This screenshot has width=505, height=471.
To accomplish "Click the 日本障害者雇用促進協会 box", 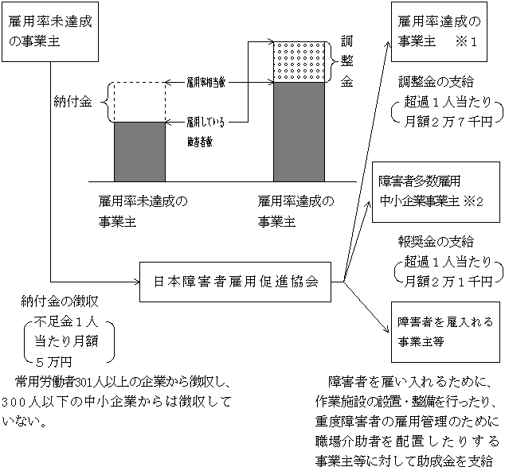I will (x=237, y=280).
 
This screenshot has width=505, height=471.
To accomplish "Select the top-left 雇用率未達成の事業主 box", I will (x=49, y=31).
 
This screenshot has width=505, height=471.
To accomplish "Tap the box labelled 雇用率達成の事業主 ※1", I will (x=444, y=30).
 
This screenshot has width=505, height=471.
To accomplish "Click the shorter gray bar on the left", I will (x=139, y=151).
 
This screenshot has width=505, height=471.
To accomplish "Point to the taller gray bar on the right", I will (x=299, y=130).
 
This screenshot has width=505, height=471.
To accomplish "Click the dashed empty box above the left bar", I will (x=139, y=102).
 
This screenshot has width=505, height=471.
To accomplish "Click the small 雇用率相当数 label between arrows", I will (x=206, y=81).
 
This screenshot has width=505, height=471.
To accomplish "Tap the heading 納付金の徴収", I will (x=61, y=302).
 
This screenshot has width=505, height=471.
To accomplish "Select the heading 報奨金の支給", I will (x=436, y=240).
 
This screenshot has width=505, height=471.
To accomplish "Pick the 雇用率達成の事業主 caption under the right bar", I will (x=296, y=211).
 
